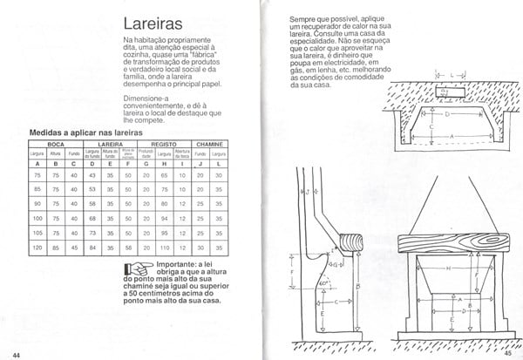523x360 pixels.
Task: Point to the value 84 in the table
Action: tap(92, 248)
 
